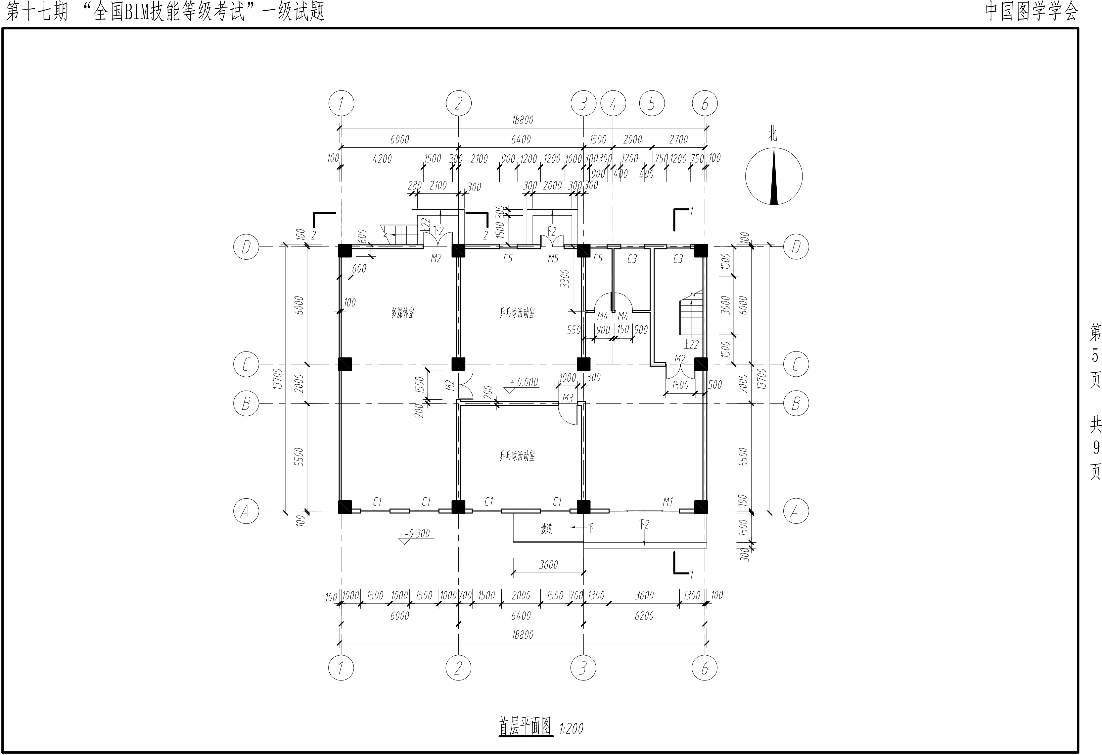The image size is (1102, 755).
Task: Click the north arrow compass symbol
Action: [774, 176]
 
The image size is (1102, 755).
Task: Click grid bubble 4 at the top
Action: [613, 103]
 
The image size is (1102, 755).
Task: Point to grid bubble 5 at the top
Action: [652, 103]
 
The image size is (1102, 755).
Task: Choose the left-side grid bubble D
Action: [246, 247]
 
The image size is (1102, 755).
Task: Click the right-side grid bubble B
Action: [796, 404]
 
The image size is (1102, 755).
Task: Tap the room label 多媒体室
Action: [403, 313]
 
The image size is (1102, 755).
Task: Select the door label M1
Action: [667, 501]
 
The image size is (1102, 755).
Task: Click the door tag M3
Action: [568, 398]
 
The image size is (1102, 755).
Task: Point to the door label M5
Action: [553, 259]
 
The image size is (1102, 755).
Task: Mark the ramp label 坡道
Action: [547, 529]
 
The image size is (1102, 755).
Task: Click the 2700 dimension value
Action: [678, 139]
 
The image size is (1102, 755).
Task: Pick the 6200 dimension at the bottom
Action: [644, 616]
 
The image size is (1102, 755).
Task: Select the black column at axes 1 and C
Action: [345, 364]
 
